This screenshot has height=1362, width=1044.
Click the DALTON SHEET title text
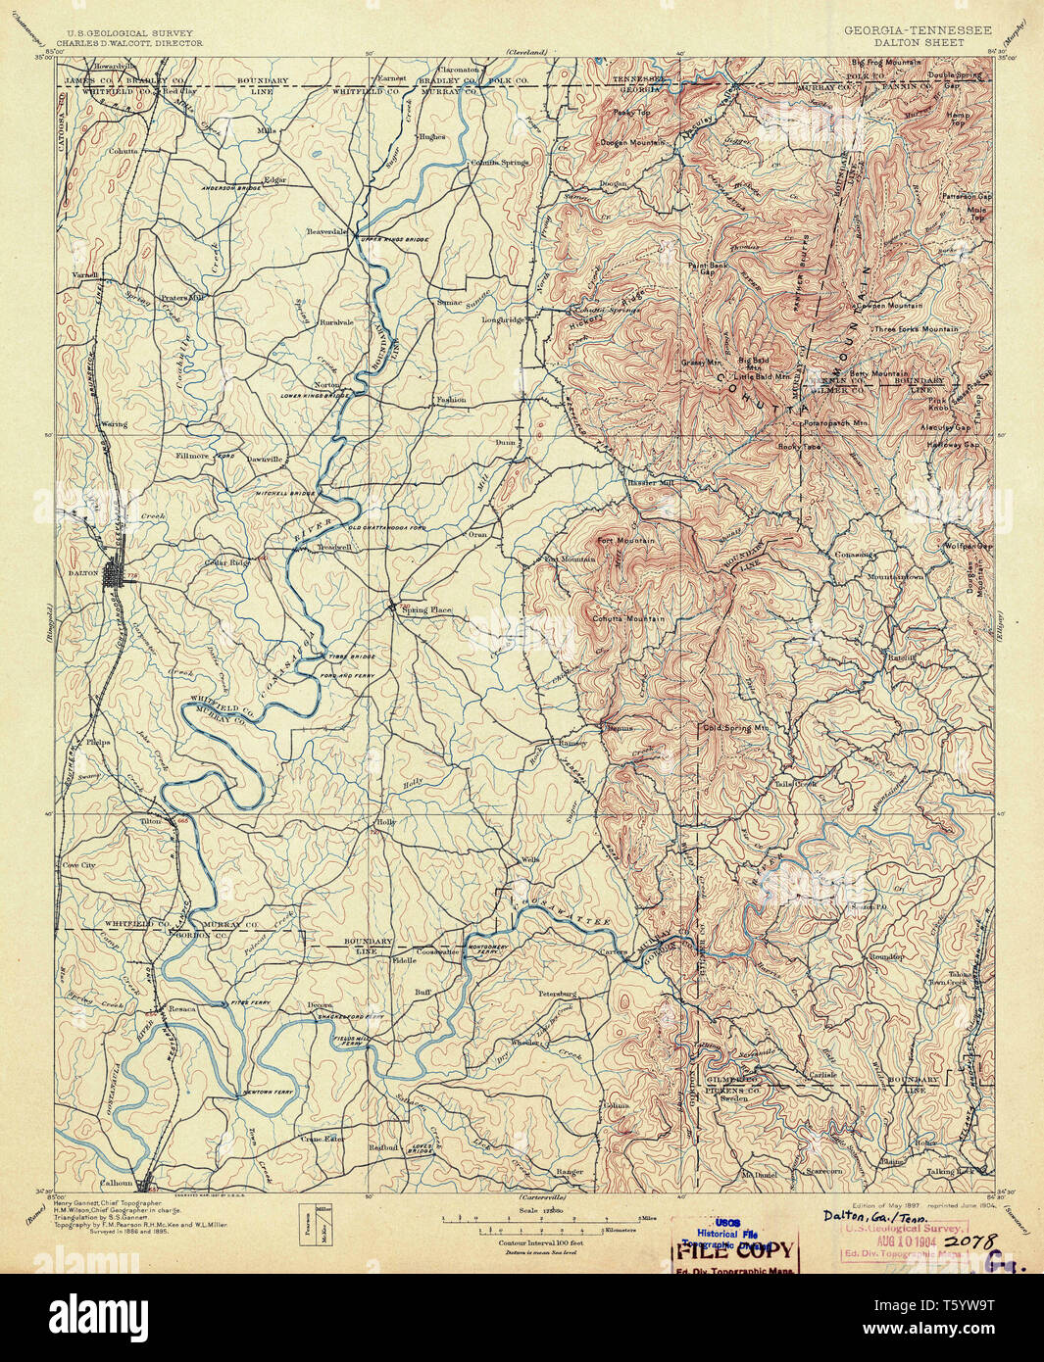pos(917,43)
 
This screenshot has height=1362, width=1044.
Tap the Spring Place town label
pos(427,610)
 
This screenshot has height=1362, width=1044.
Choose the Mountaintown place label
pos(894,577)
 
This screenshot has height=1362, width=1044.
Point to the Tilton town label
pos(151,821)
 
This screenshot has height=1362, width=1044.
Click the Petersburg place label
pos(557,994)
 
